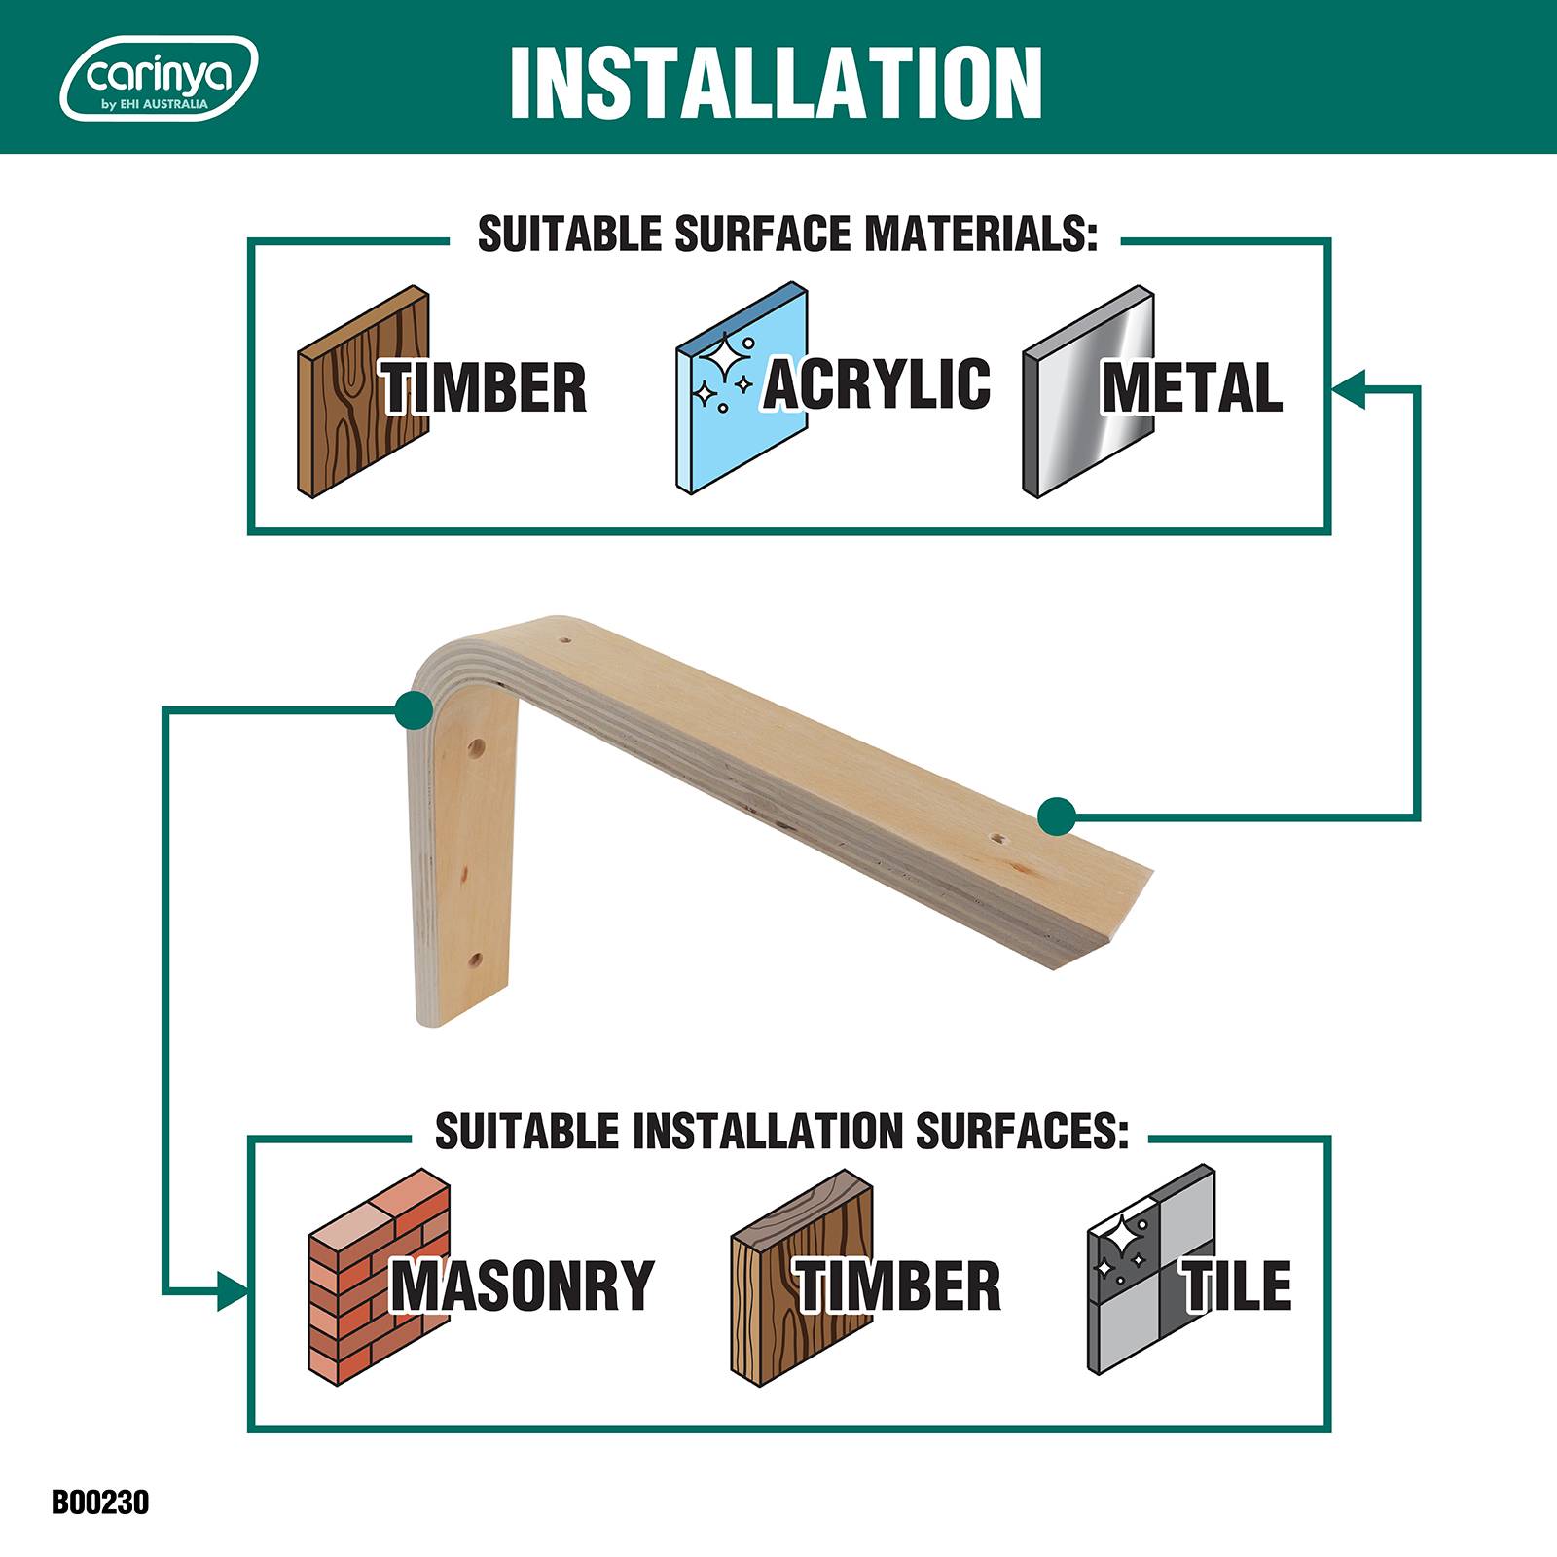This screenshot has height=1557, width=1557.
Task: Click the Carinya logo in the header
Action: click(x=159, y=78)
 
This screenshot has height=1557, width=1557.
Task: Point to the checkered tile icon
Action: click(x=1151, y=1270)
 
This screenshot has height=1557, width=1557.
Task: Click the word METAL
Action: click(x=1192, y=387)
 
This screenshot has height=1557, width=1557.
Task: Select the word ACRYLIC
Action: click(x=877, y=382)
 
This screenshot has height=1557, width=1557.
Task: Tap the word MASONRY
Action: click(x=523, y=1285)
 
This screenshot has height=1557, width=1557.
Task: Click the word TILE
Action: click(x=1237, y=1285)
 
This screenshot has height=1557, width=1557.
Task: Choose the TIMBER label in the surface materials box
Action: click(x=484, y=387)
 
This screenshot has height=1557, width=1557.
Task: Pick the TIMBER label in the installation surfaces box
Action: click(x=898, y=1285)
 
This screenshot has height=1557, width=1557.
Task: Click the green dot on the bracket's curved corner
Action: click(x=415, y=710)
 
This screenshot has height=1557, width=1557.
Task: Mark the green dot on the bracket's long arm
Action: click(x=1057, y=815)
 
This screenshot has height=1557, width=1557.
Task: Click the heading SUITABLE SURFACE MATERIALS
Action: click(x=787, y=235)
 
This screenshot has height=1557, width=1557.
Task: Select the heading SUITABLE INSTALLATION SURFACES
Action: click(x=781, y=1131)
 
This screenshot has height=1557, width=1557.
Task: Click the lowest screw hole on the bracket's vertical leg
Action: click(x=475, y=961)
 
